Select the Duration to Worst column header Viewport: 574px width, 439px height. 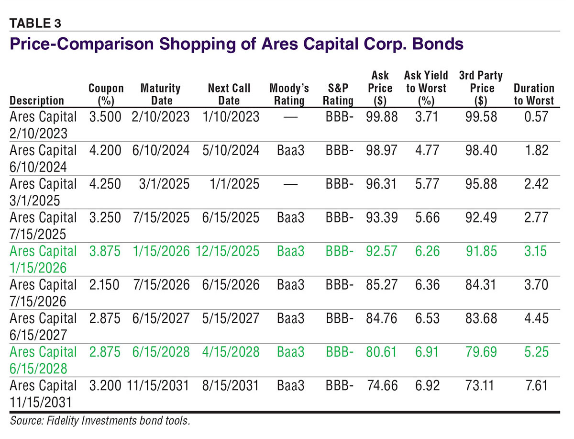point(533,94)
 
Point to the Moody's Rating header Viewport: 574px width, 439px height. point(289,94)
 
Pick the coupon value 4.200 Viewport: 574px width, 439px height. point(106,150)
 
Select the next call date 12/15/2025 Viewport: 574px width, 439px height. point(227,251)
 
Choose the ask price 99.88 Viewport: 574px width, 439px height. point(381,117)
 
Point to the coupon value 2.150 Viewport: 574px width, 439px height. point(106,285)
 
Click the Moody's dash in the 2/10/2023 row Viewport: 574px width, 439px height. point(289,117)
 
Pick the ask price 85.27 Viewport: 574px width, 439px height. point(381,285)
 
